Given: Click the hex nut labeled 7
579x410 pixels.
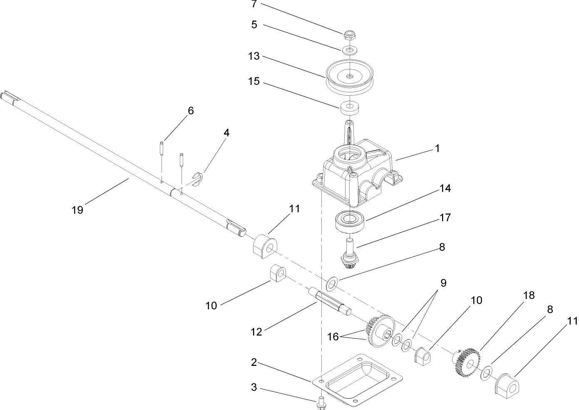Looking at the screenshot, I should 350,34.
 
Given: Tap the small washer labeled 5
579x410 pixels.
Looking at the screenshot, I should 350,50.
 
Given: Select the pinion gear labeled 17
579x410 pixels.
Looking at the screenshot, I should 349,254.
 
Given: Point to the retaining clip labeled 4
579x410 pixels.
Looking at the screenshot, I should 199,179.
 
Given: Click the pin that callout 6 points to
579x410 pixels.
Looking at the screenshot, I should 162,148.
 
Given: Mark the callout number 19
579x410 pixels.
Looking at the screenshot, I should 77,210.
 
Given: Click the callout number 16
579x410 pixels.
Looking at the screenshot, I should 333,337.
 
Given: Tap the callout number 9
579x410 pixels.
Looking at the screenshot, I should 443,284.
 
